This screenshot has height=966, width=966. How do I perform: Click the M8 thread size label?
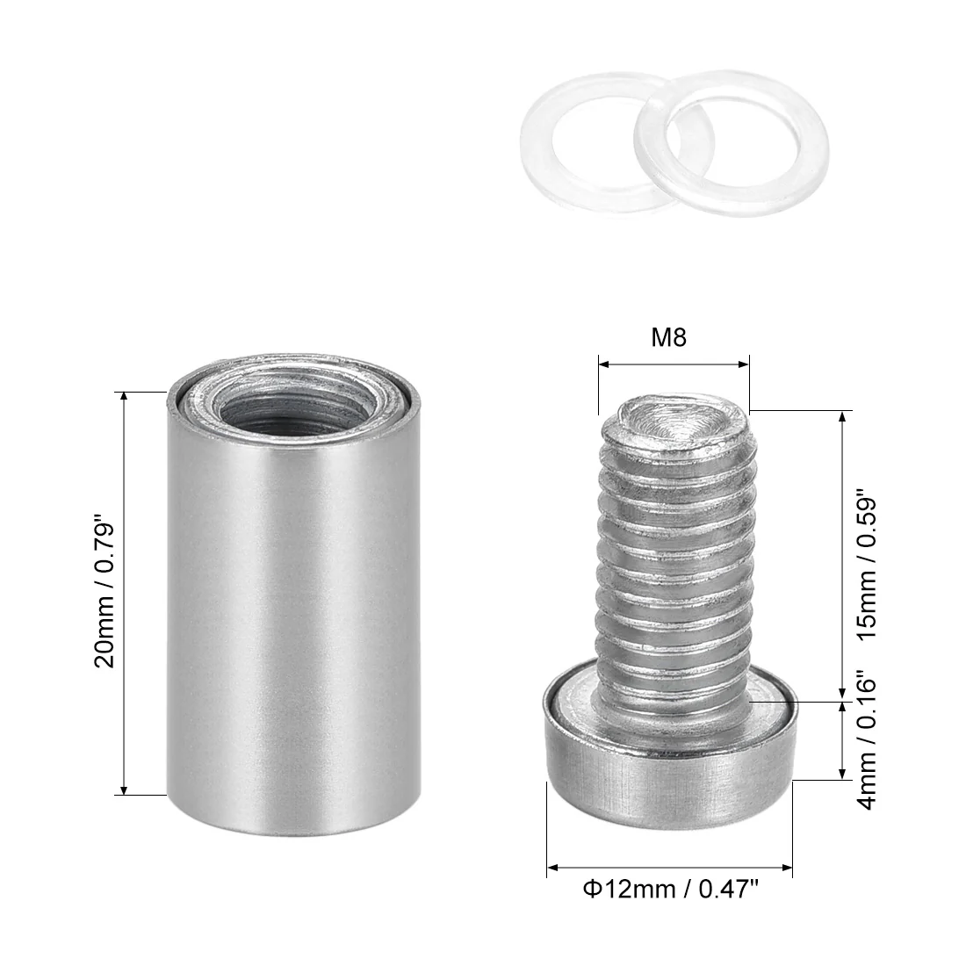pos(668,337)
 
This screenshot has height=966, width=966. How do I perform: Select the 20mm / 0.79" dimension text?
pos(105,595)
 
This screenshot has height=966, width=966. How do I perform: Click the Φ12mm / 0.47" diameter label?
pos(670,890)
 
